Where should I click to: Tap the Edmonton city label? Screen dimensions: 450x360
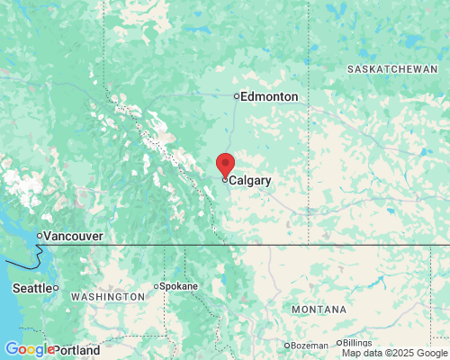(270, 96)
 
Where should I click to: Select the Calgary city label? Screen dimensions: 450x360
(250, 181)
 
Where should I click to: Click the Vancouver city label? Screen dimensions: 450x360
(73, 236)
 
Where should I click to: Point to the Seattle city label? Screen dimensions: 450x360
(31, 288)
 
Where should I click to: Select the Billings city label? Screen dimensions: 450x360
(356, 343)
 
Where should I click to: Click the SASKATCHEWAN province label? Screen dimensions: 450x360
(399, 69)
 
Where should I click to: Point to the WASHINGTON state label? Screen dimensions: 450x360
(107, 297)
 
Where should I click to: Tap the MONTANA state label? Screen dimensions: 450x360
(319, 310)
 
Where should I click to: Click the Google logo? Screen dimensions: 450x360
(28, 349)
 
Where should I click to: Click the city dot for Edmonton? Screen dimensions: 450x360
(237, 96)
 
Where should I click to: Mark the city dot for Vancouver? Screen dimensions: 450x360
(39, 236)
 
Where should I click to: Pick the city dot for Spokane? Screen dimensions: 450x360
(157, 286)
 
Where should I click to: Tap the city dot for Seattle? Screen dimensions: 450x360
(56, 288)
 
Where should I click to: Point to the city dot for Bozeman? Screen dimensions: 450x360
(287, 346)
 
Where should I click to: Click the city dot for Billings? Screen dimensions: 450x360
(339, 343)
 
